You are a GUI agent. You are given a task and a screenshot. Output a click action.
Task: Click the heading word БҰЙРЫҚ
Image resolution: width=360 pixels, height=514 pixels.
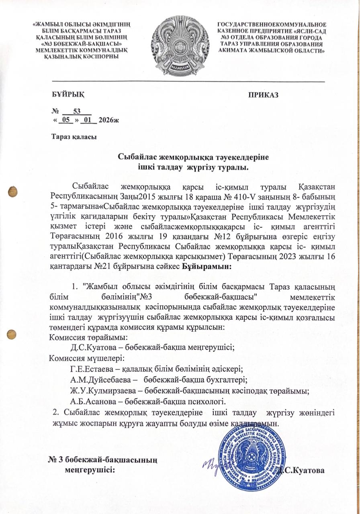click(x=67, y=94)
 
